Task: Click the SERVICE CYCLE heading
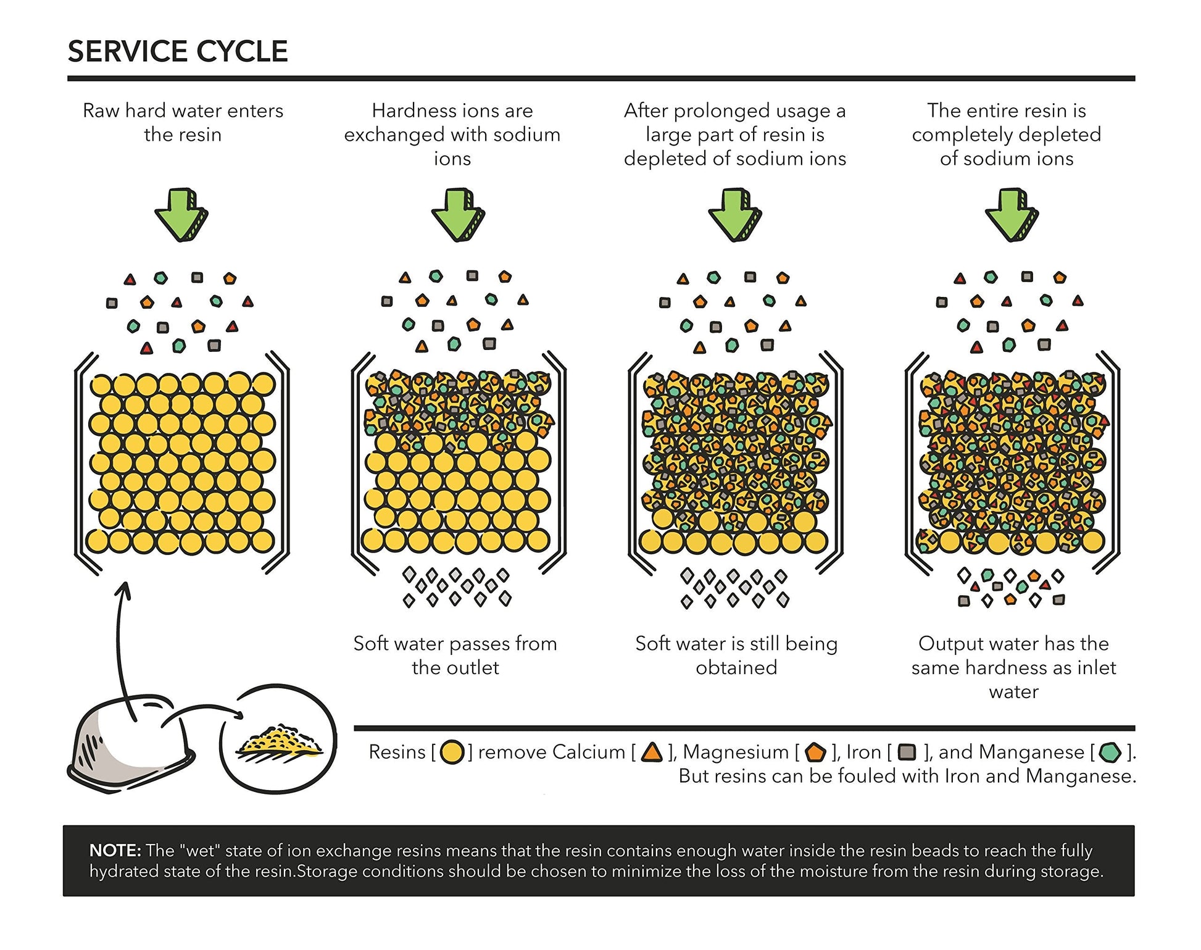click(x=178, y=51)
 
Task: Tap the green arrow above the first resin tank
click(x=181, y=214)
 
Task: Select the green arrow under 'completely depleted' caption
click(x=1012, y=214)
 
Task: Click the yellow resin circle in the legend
click(x=452, y=752)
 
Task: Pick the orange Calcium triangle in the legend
click(x=652, y=752)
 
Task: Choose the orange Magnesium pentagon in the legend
click(x=815, y=752)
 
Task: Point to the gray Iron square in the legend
click(x=907, y=752)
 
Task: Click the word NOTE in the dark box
click(x=115, y=851)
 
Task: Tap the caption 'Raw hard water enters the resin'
click(x=183, y=122)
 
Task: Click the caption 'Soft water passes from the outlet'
click(x=455, y=656)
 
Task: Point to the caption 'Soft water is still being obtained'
click(x=736, y=656)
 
